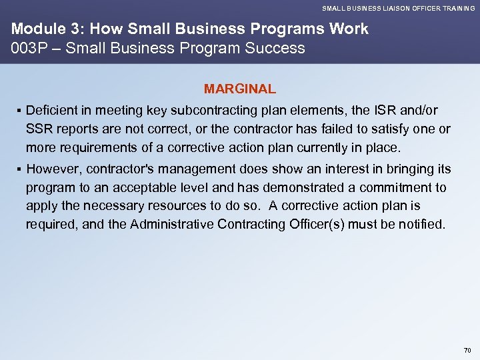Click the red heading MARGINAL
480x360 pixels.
click(240, 89)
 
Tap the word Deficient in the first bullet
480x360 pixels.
click(54, 110)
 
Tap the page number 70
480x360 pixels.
click(467, 350)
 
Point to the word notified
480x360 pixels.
click(420, 225)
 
